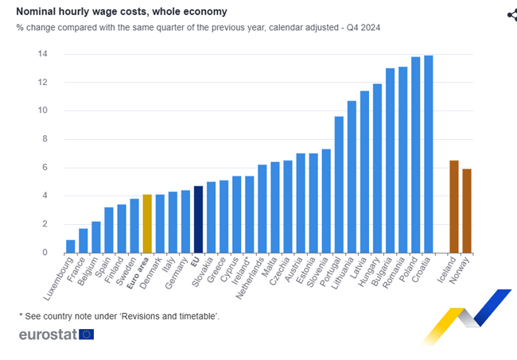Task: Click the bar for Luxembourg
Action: click(71, 246)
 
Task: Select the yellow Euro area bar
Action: click(147, 223)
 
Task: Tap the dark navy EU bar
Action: click(198, 219)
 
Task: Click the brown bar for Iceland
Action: click(454, 207)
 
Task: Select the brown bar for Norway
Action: click(467, 211)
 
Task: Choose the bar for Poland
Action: click(416, 155)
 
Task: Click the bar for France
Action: click(84, 241)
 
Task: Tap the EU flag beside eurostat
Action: click(87, 335)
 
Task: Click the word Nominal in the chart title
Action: click(37, 12)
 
